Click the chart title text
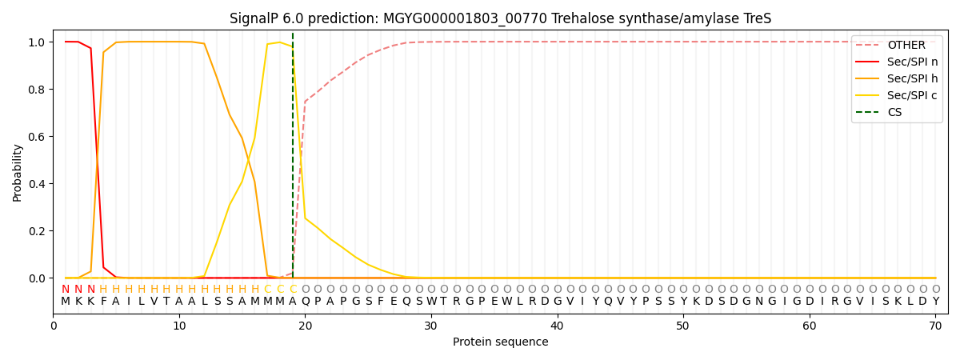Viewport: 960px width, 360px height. point(500,18)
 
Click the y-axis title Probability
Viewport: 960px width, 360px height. point(18,172)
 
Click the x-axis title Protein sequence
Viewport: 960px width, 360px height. point(500,342)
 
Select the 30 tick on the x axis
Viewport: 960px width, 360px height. point(431,326)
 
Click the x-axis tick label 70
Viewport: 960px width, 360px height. point(935,326)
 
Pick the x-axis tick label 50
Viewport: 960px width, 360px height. point(683,326)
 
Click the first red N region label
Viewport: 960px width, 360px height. point(66,290)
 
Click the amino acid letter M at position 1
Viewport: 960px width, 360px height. point(66,302)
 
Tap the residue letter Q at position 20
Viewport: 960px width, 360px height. point(305,302)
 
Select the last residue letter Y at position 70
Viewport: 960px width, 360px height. point(935,302)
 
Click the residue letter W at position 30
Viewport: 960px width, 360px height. point(431,302)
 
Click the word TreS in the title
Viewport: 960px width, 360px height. point(757,18)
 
